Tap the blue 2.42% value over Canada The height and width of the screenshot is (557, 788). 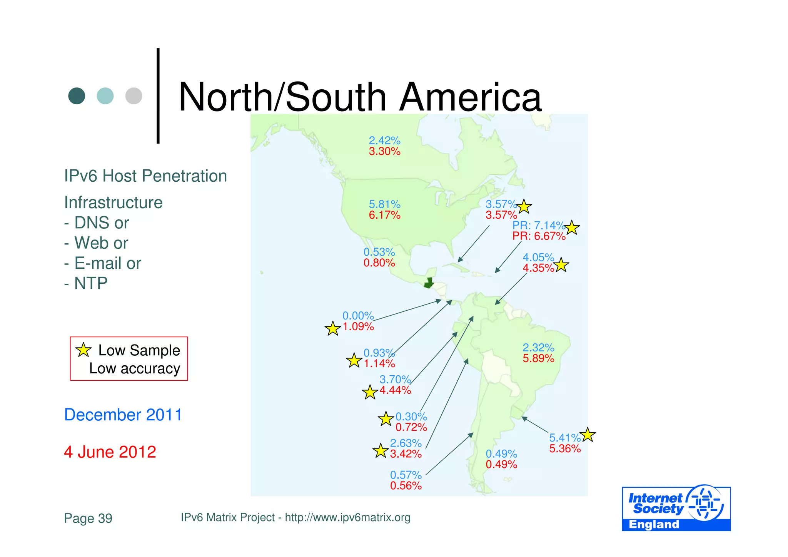click(x=384, y=141)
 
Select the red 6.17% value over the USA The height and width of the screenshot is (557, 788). click(x=384, y=215)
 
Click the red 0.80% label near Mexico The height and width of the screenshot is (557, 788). click(x=379, y=263)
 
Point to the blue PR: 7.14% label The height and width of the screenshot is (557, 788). click(x=538, y=225)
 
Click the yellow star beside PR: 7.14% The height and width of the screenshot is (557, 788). click(x=572, y=228)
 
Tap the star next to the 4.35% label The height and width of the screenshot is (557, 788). click(x=561, y=265)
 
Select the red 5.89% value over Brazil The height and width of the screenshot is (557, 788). click(x=538, y=358)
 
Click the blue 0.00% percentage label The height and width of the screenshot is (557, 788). click(x=358, y=316)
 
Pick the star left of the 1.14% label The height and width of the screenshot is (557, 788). click(x=354, y=361)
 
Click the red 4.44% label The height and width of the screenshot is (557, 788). click(x=395, y=390)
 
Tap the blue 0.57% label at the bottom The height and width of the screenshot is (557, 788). click(x=406, y=475)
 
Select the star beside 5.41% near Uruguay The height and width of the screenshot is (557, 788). click(x=588, y=435)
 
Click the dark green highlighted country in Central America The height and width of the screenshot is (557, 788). click(x=428, y=284)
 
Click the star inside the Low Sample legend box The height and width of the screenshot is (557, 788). click(x=83, y=350)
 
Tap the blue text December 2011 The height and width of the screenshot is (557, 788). click(x=123, y=415)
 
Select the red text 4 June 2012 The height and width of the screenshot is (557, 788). click(x=110, y=452)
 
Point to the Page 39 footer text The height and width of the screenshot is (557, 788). click(x=88, y=518)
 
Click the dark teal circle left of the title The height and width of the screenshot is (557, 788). click(x=77, y=96)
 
